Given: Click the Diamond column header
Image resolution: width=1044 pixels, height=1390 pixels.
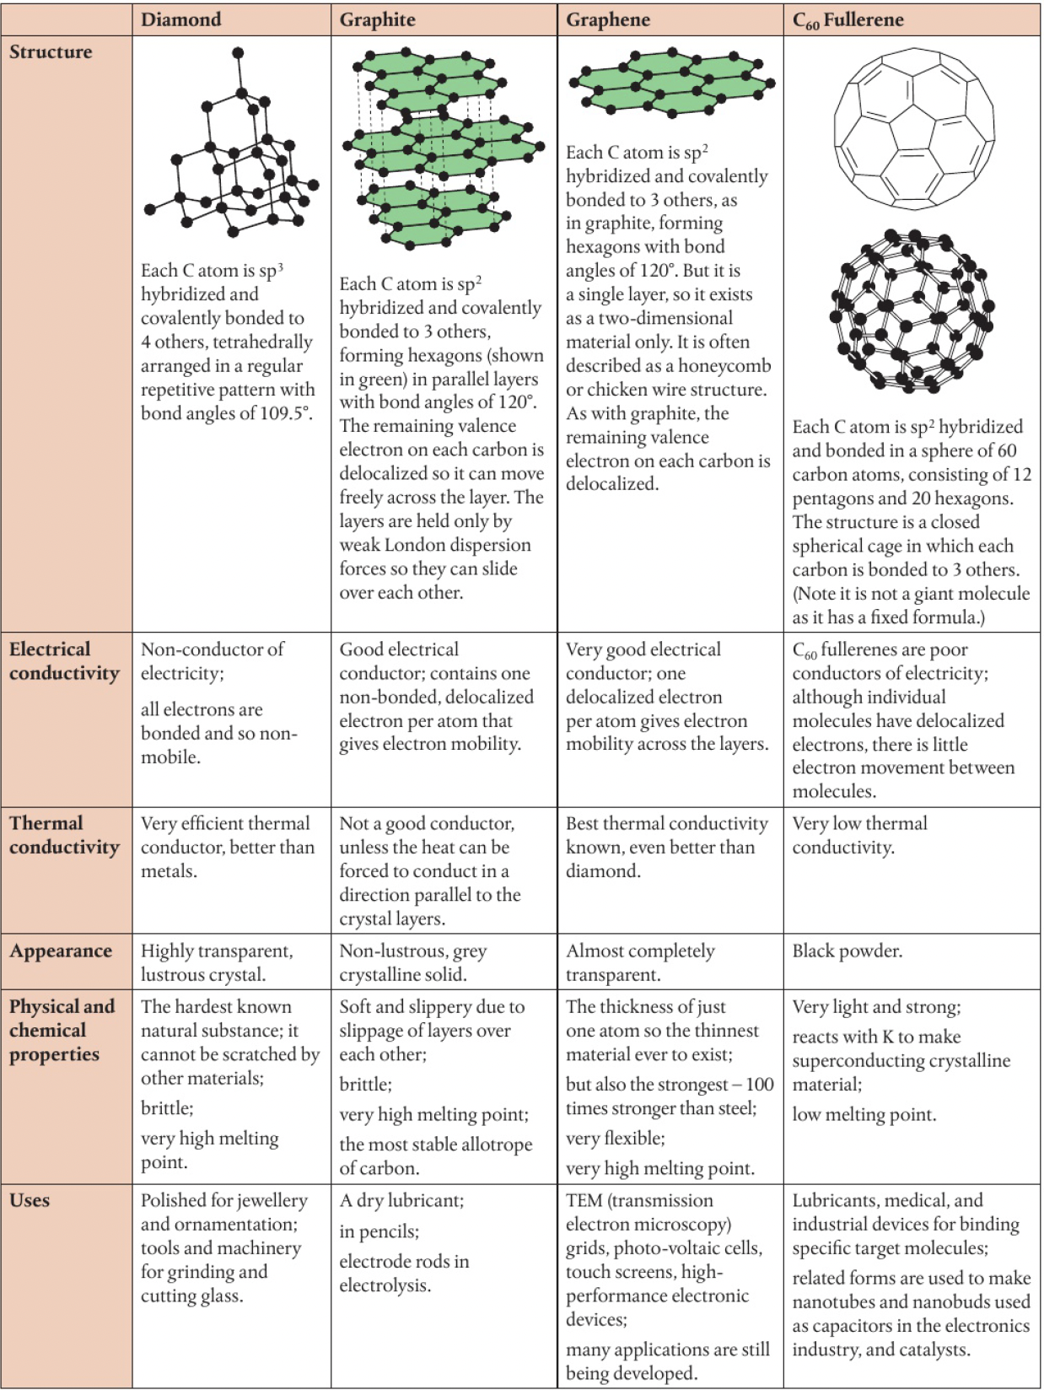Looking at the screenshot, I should pyautogui.click(x=180, y=20).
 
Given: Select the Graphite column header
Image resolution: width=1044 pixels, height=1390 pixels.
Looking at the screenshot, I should pyautogui.click(x=377, y=20).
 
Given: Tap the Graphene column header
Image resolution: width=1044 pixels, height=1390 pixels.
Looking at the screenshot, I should pyautogui.click(x=607, y=20).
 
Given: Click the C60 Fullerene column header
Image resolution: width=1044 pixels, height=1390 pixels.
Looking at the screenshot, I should pyautogui.click(x=848, y=20).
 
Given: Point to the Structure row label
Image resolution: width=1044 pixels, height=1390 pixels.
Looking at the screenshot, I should pyautogui.click(x=51, y=52).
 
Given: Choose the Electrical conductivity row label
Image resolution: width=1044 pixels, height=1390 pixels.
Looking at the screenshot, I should pyautogui.click(x=64, y=661).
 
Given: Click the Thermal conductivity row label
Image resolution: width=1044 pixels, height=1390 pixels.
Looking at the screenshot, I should pyautogui.click(x=64, y=835).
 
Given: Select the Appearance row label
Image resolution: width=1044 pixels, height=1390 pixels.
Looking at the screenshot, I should pyautogui.click(x=61, y=951).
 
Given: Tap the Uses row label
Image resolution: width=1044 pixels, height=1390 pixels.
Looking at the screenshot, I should pyautogui.click(x=30, y=1200).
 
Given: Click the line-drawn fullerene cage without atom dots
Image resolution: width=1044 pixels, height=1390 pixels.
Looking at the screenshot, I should pyautogui.click(x=913, y=128).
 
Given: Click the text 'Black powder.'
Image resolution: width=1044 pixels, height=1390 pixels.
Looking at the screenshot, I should pyautogui.click(x=847, y=951).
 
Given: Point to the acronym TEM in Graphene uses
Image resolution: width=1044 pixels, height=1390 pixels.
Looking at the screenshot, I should pyautogui.click(x=584, y=1200).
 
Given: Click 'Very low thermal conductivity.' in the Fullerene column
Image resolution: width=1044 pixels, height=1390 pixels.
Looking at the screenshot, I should pyautogui.click(x=858, y=835).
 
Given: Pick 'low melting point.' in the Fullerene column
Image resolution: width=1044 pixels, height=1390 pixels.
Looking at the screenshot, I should pyautogui.click(x=864, y=1115).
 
